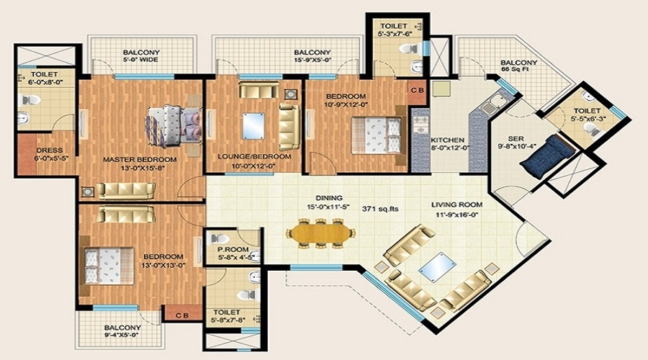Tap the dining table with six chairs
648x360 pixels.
coord(321,233)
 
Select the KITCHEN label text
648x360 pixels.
coord(447,140)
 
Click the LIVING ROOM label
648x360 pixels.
coord(457,204)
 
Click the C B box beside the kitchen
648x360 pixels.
coord(417,91)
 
